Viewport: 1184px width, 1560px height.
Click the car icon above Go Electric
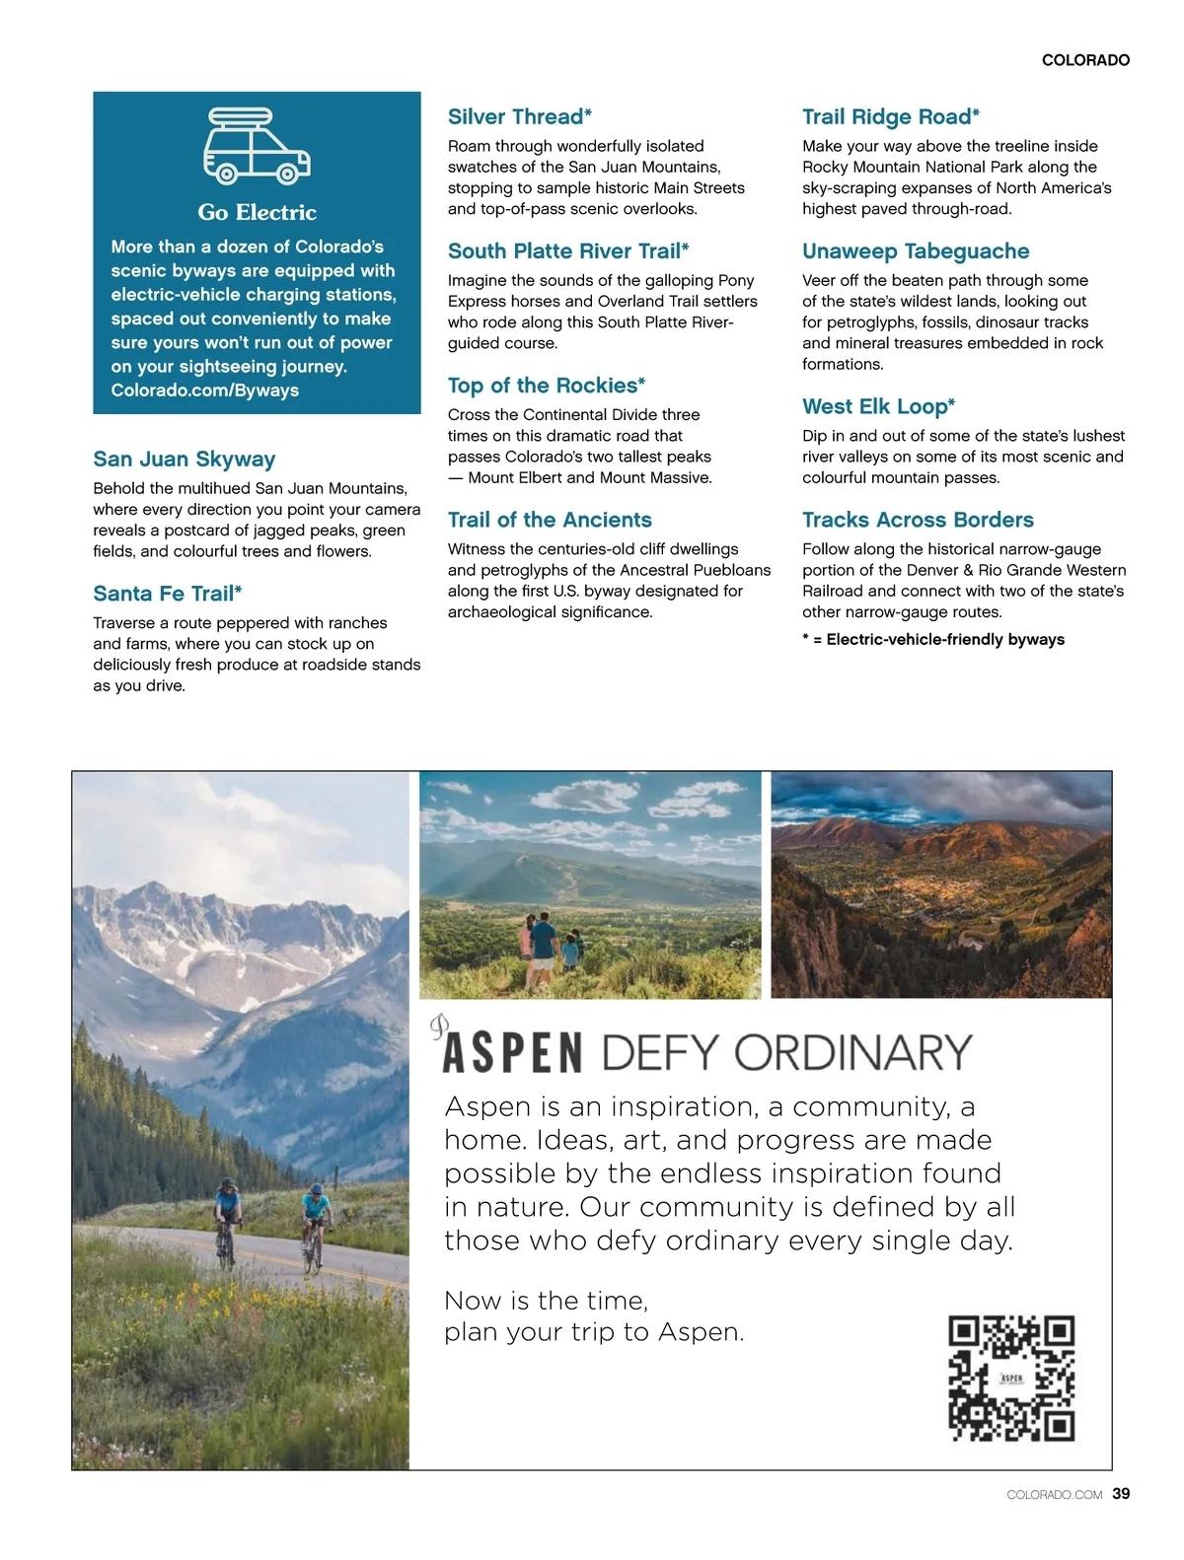[257, 147]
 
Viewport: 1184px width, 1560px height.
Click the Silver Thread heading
[519, 117]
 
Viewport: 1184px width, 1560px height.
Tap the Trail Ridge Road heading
[890, 117]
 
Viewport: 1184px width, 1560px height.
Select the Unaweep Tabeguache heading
[915, 251]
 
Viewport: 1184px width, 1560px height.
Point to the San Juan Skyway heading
[184, 460]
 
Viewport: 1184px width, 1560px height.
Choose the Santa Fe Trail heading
[167, 594]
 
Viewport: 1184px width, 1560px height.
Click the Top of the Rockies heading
[546, 386]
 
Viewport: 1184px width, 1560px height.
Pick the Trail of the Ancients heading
[549, 520]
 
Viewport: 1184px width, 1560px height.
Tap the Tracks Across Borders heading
[917, 520]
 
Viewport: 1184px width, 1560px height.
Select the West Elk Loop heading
[878, 406]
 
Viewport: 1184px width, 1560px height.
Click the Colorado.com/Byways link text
[204, 390]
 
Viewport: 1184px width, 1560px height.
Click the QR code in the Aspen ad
[1010, 1379]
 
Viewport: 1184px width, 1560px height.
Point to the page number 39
[1121, 1494]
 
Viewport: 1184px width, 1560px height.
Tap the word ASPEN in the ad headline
[512, 1053]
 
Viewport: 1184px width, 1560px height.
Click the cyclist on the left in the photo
[227, 1219]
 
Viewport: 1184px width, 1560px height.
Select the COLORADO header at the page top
[1085, 60]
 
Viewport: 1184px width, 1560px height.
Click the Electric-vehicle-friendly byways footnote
[933, 640]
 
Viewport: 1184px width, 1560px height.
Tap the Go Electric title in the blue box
[257, 212]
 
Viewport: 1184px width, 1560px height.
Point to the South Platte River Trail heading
[567, 251]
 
